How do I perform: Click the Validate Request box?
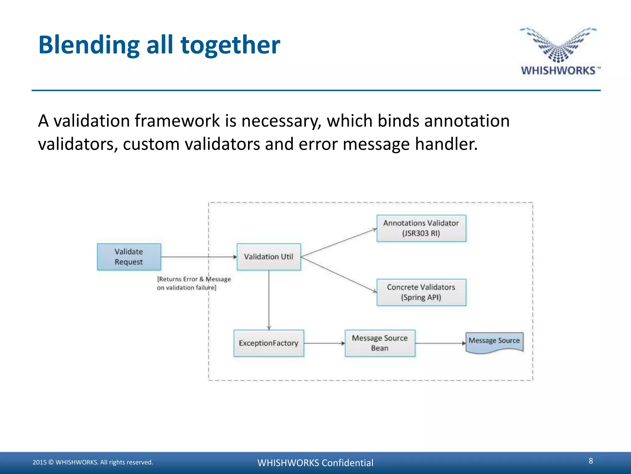[x=129, y=257]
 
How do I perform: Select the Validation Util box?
[x=269, y=257]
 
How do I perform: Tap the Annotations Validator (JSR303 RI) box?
[x=421, y=228]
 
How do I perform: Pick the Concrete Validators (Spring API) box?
[x=421, y=292]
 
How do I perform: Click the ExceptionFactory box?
[x=269, y=343]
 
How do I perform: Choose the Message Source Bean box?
[x=380, y=343]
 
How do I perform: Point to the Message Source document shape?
[x=494, y=342]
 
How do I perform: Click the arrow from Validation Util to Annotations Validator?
[x=339, y=243]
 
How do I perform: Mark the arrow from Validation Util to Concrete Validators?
[x=339, y=274]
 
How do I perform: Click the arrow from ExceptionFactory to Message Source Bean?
[x=324, y=343]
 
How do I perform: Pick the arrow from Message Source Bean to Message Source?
[x=440, y=343]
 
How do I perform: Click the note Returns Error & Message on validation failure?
[x=193, y=283]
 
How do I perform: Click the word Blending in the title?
[x=89, y=45]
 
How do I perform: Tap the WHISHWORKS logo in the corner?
[x=559, y=51]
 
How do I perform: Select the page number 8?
[x=591, y=461]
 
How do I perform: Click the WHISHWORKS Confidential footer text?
[x=315, y=463]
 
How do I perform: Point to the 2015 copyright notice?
[x=93, y=462]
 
